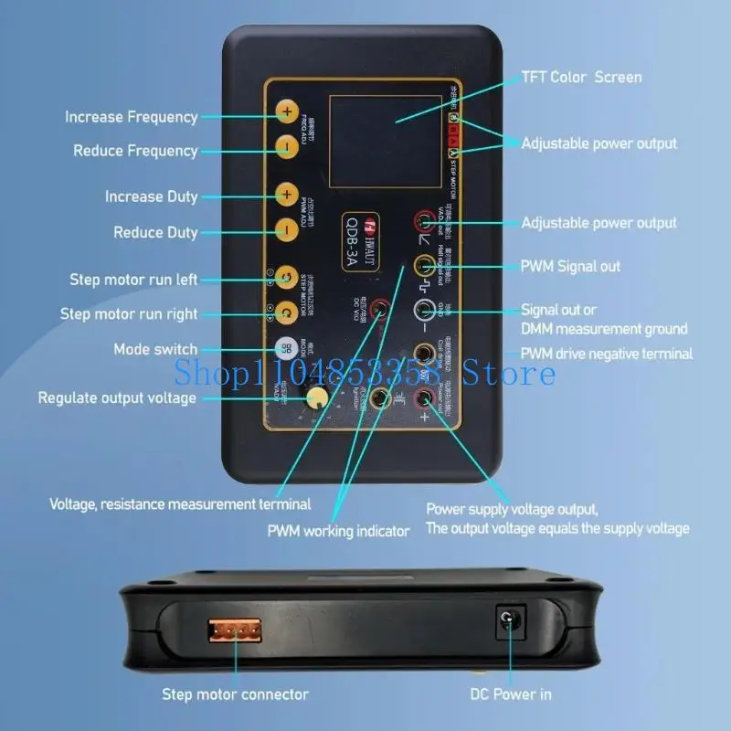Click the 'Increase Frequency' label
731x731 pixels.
131,117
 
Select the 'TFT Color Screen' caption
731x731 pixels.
581,77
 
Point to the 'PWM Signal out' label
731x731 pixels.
570,266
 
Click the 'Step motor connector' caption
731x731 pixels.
235,694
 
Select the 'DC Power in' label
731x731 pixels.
511,694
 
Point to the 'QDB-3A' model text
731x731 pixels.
353,241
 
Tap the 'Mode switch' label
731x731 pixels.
155,349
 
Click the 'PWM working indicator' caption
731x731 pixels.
338,531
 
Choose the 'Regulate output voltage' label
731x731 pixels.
117,397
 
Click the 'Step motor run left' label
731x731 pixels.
133,279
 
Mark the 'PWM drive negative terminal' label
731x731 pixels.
607,354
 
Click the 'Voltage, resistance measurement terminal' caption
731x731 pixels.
180,503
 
